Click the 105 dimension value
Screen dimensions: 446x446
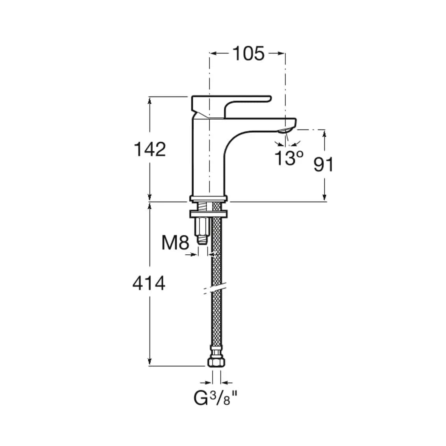(249, 54)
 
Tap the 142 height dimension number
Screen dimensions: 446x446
(150, 149)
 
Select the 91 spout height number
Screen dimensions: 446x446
(323, 164)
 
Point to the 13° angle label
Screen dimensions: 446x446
(289, 158)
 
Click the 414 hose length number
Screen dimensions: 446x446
(149, 283)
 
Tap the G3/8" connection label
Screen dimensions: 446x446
(215, 398)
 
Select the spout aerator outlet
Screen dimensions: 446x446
(285, 131)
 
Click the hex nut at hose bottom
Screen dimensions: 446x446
(217, 362)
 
